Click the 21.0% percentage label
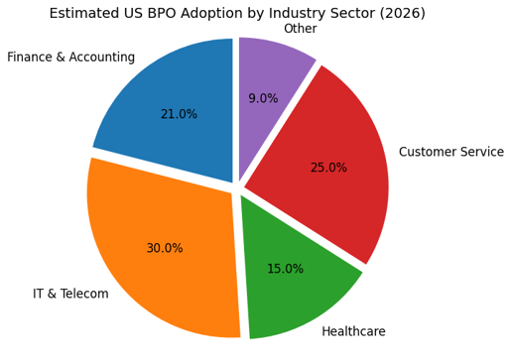pos(179,114)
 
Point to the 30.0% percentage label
pos(165,248)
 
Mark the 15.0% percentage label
pos(285,269)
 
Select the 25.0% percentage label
pos(328,168)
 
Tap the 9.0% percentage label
pos(263,98)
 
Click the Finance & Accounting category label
pos(70,58)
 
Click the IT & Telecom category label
pos(70,294)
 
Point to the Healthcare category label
pos(353,331)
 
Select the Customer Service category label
pos(450,152)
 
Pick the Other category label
pos(300,29)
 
